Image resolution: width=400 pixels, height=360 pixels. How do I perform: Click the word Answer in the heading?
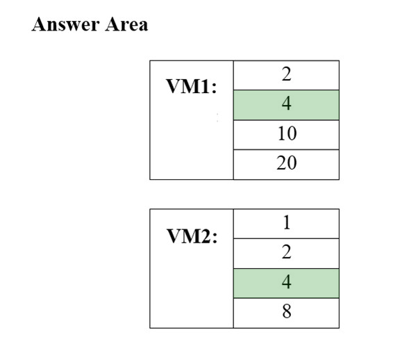[x=65, y=24]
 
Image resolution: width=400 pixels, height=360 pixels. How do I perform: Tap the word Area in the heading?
[x=126, y=24]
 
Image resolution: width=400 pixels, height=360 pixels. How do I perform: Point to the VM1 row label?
[x=192, y=86]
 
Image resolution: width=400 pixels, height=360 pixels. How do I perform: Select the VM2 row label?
[x=192, y=236]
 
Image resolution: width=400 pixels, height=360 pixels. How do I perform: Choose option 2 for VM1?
[x=286, y=75]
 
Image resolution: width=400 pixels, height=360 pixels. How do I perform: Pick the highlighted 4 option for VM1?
[x=286, y=105]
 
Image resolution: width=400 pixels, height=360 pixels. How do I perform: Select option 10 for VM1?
[x=286, y=135]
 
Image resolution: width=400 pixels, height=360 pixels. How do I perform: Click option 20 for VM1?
[x=286, y=165]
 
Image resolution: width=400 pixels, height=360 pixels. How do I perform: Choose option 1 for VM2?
[x=286, y=223]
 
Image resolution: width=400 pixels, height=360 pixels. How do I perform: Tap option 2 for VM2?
[x=286, y=253]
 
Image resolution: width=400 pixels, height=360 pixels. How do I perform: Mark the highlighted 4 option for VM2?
[x=286, y=283]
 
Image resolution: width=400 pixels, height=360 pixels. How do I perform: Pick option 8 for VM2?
[x=286, y=313]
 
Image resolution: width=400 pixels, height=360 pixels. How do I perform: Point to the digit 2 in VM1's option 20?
[x=281, y=163]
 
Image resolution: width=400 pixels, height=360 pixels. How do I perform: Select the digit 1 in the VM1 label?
[x=206, y=86]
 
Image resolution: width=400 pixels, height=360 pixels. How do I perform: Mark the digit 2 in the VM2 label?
[x=206, y=236]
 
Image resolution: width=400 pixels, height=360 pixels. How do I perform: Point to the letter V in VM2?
[x=174, y=236]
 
